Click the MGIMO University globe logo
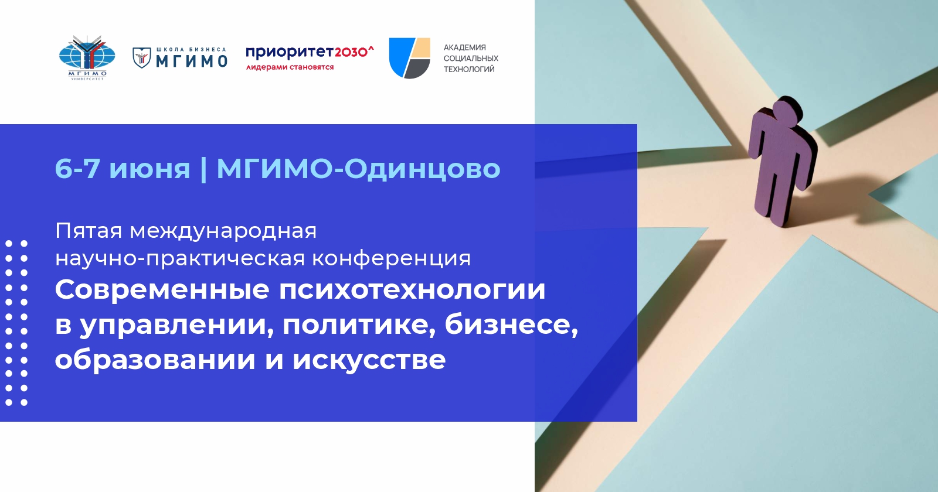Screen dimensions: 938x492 87,58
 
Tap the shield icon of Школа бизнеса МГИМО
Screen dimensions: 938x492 141,58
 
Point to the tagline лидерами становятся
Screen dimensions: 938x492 290,67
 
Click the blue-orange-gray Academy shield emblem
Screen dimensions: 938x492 410,58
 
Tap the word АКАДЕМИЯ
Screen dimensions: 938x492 465,47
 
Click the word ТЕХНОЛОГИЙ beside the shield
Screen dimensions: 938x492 469,69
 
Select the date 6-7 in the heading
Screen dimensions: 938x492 77,169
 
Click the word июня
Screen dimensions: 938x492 149,169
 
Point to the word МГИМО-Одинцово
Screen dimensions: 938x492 358,169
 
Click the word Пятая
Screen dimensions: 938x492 89,231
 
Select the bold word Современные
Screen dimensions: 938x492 162,289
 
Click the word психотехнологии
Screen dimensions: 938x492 413,289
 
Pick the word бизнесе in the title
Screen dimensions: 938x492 511,324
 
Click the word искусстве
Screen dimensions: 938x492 369,360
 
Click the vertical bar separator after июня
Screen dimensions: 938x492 203,169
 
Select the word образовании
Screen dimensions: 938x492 155,360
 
